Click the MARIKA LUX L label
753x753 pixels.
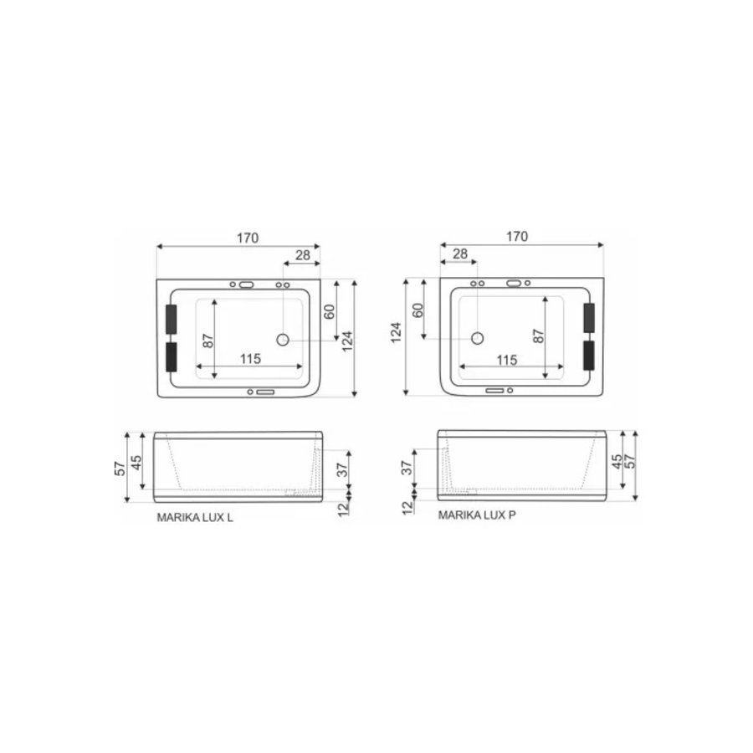click(195, 518)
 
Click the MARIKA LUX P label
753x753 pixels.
click(477, 515)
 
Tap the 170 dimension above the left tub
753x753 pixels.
click(247, 238)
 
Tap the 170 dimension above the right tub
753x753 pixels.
click(517, 237)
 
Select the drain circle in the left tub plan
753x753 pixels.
click(283, 340)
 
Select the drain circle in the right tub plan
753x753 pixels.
click(478, 339)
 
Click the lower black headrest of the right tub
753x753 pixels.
click(588, 356)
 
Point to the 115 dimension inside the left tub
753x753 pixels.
click(249, 358)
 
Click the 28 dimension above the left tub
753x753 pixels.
click(302, 254)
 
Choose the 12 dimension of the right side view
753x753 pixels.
click(407, 507)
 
